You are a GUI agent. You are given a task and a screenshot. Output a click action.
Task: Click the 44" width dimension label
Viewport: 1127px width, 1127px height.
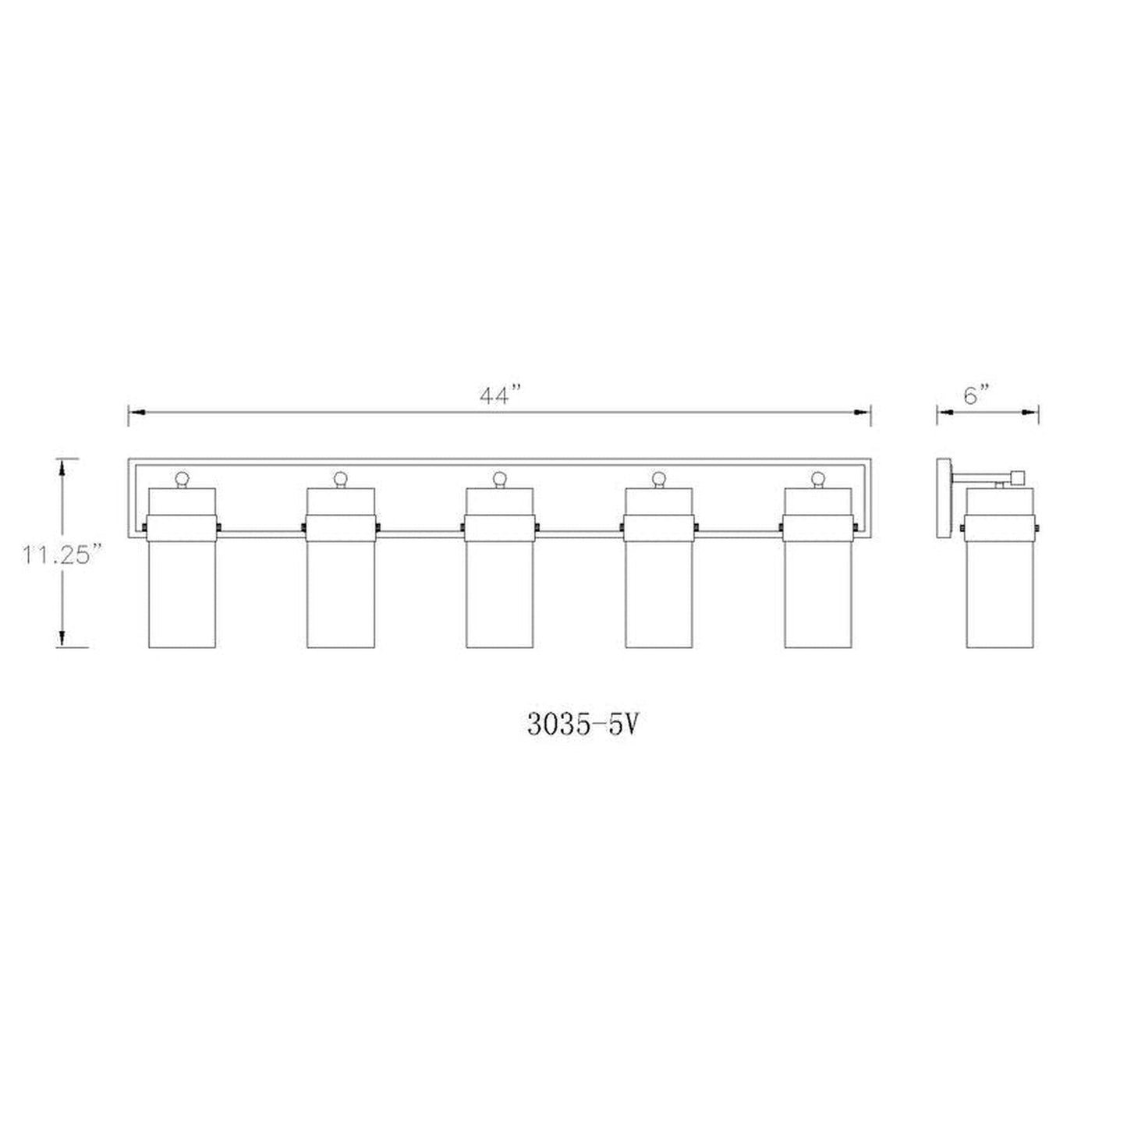tap(499, 396)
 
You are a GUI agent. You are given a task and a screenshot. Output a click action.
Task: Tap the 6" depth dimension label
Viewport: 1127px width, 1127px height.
tap(976, 395)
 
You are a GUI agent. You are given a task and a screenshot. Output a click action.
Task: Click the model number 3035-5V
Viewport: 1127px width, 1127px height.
tap(583, 725)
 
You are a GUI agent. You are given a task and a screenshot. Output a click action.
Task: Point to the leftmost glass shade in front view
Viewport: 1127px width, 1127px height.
tap(182, 593)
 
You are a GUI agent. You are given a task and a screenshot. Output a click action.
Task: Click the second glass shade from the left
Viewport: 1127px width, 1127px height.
tap(340, 593)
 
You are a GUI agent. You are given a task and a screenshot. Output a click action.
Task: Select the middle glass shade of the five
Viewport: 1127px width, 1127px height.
tap(499, 593)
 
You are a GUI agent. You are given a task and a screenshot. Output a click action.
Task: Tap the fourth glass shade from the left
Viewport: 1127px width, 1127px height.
tap(658, 593)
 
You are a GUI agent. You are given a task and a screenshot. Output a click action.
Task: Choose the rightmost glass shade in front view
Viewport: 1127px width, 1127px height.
tap(817, 593)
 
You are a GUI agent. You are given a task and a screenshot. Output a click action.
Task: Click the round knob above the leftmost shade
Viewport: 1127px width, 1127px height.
tap(182, 477)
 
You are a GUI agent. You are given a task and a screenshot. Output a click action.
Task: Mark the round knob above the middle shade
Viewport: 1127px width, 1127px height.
tap(499, 477)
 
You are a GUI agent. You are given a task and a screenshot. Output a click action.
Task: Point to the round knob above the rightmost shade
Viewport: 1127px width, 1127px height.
tap(817, 477)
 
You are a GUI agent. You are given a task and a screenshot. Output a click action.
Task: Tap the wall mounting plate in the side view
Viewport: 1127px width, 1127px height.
tap(943, 499)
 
